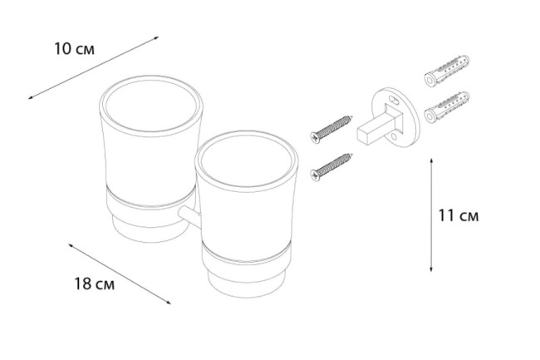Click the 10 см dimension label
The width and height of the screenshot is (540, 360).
[74, 49]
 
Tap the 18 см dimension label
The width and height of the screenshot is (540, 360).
[95, 284]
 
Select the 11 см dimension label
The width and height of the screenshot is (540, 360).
[459, 216]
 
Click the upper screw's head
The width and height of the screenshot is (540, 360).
[315, 137]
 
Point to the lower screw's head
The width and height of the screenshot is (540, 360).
[315, 175]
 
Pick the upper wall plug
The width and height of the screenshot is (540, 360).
[447, 71]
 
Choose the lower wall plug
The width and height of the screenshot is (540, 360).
[447, 107]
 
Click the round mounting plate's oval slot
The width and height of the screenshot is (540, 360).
[394, 101]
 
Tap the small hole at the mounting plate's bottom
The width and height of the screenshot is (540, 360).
[394, 137]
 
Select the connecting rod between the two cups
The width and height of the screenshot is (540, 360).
[189, 216]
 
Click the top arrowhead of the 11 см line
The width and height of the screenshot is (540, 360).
[431, 160]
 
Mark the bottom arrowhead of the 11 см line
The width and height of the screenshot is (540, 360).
[431, 270]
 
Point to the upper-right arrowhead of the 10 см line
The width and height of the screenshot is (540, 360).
[157, 37]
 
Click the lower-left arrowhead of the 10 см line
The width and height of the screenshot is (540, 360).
[30, 98]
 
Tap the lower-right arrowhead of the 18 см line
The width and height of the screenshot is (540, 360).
[169, 303]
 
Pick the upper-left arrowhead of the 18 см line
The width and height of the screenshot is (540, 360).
[71, 245]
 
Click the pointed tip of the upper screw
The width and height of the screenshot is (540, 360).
[352, 116]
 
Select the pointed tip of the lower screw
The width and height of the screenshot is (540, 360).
[352, 154]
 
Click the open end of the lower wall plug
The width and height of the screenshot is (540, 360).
[430, 116]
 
